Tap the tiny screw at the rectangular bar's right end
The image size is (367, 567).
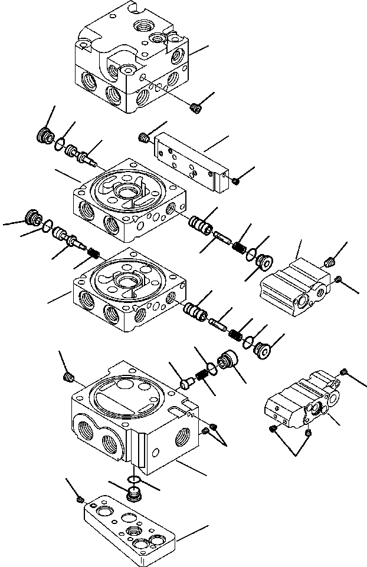tap(235, 180)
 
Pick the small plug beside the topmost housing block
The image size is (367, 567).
tap(196, 107)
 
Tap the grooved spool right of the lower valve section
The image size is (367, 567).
tap(195, 308)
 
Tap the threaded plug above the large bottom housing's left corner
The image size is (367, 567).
tap(68, 376)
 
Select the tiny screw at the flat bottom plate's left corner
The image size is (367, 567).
tap(80, 500)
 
